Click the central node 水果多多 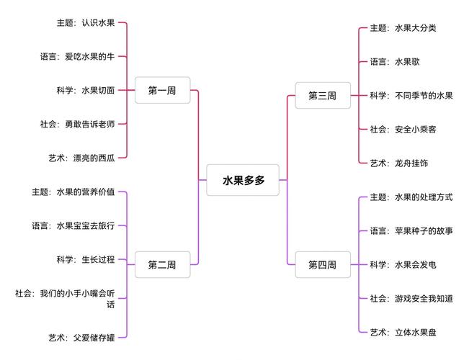(243, 180)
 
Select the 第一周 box (162, 91)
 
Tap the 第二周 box (162, 264)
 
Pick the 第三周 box (322, 96)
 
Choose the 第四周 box (322, 264)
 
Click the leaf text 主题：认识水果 (86, 22)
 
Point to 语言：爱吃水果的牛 (77, 56)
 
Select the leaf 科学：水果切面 (86, 90)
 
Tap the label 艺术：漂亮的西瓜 (81, 158)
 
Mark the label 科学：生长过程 (86, 259)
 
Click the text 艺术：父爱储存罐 (81, 336)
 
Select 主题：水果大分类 (403, 28)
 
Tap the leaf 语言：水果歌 (395, 62)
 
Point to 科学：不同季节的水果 (411, 96)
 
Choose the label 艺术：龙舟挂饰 (399, 163)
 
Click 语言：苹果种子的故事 (411, 231)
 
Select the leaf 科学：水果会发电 (403, 264)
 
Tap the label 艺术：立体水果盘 (403, 332)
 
